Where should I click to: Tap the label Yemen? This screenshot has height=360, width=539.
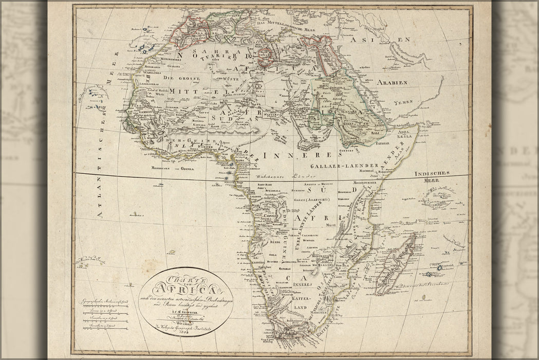click(x=403, y=102)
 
